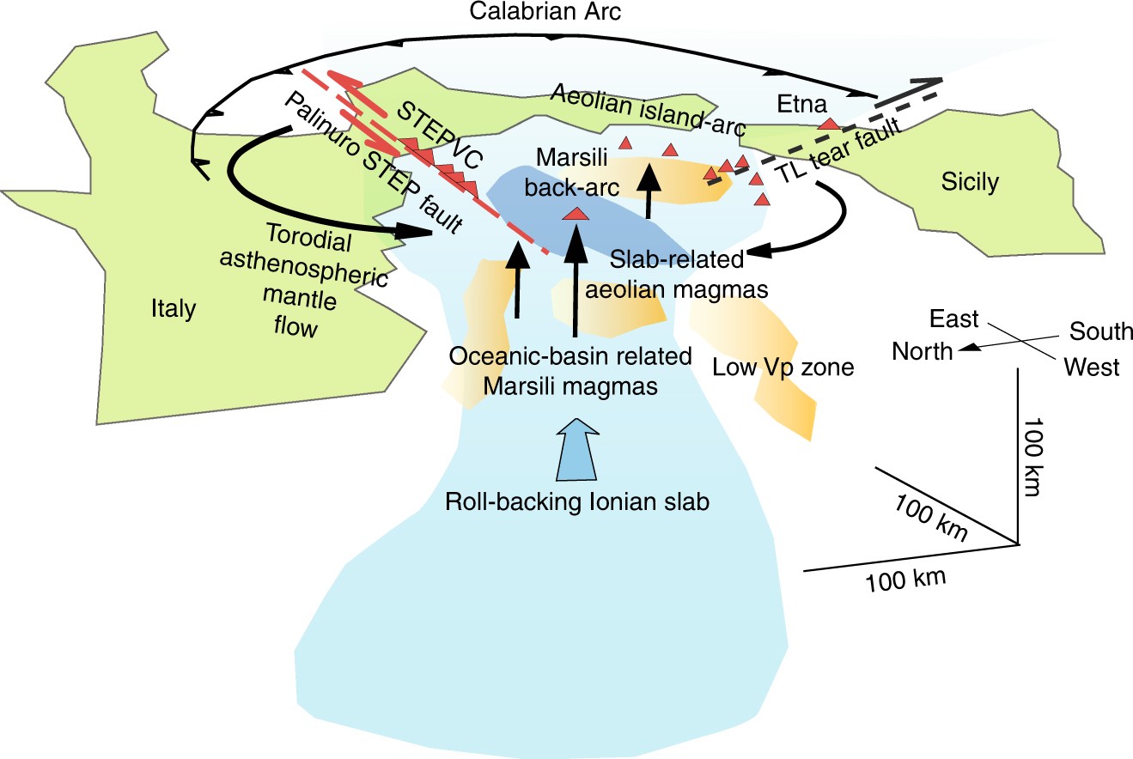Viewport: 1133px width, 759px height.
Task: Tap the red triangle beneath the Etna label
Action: point(828,124)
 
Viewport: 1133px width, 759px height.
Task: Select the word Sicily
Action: point(971,182)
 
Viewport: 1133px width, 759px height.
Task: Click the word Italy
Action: point(173,308)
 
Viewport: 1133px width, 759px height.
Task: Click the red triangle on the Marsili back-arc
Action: point(576,215)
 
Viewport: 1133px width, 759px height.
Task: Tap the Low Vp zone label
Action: point(783,367)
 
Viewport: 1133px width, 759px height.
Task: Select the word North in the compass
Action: point(922,350)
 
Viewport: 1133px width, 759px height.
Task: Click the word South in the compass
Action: point(1101,331)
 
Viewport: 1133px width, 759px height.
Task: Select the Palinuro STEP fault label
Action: point(372,164)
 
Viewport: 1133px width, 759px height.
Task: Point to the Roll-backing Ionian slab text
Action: point(577,502)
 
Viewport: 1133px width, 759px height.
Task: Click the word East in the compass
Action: point(953,319)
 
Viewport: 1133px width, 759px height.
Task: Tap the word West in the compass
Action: point(1091,367)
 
